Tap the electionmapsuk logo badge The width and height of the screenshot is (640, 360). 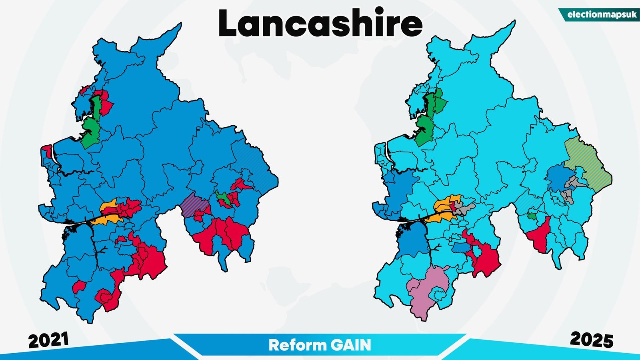click(599, 15)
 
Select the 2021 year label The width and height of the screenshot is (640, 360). click(48, 340)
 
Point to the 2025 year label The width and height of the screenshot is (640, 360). click(591, 340)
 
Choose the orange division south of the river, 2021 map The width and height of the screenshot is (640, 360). click(106, 220)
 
